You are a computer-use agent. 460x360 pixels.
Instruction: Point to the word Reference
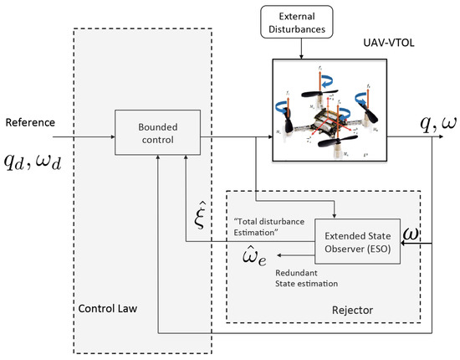point(30,123)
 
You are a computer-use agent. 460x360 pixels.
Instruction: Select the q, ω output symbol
point(416,122)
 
